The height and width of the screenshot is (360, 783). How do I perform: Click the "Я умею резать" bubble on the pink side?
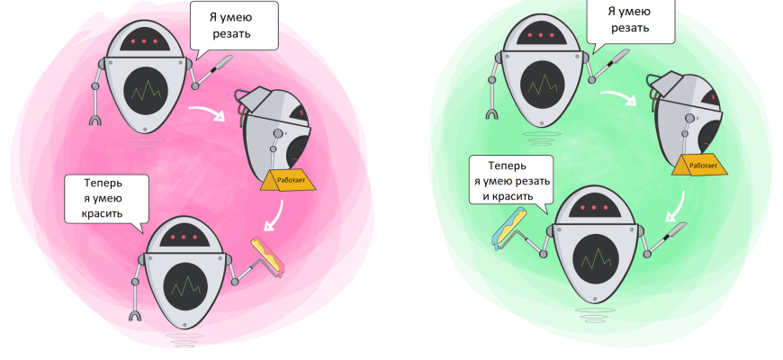pyautogui.click(x=232, y=26)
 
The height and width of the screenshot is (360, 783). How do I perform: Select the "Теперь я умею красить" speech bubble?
pyautogui.click(x=105, y=198)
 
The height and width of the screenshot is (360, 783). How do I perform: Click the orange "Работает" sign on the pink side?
pyautogui.click(x=286, y=180)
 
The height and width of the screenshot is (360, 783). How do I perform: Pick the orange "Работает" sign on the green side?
pyautogui.click(x=698, y=166)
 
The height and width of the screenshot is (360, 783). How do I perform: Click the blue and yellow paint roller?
pyautogui.click(x=509, y=226)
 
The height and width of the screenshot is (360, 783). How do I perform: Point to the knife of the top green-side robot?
pyautogui.click(x=621, y=62)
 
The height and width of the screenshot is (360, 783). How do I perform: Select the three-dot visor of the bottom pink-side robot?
pyautogui.click(x=184, y=237)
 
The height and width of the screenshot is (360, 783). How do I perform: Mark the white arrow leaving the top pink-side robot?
pyautogui.click(x=208, y=113)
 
